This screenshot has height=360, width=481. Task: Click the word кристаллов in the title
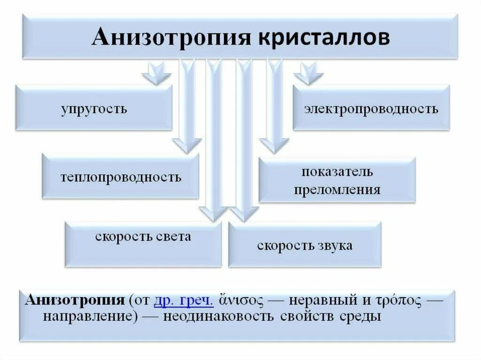323,38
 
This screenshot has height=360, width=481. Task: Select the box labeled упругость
93,108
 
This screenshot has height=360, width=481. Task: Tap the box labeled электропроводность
371,109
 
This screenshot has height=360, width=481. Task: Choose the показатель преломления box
337,180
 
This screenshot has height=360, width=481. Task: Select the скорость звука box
304,245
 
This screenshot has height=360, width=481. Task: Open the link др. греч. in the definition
184,300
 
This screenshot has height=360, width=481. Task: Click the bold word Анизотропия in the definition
74,300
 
